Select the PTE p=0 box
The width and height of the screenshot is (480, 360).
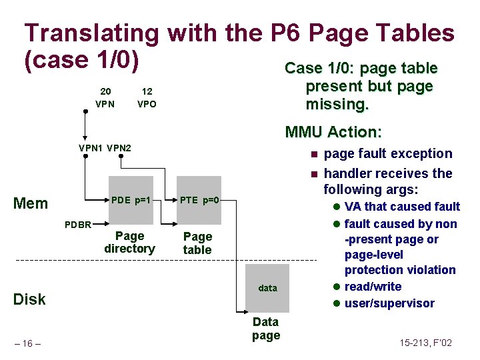(199, 200)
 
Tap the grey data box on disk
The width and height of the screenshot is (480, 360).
(268, 288)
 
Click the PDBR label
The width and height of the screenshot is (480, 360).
(78, 224)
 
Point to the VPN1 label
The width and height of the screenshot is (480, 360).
(91, 147)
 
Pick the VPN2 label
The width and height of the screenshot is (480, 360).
(119, 147)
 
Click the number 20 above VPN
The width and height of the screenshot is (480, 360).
(105, 91)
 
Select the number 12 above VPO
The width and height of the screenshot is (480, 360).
(147, 91)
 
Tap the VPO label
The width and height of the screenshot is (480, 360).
(147, 104)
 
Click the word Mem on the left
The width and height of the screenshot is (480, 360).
(31, 203)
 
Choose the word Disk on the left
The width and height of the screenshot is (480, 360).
(30, 299)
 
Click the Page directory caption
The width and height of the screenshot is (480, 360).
(129, 242)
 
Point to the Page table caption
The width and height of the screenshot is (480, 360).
(197, 243)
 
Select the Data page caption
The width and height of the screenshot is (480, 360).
(266, 329)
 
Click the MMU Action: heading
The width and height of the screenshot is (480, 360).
(333, 131)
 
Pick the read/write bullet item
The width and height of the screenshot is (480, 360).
(373, 287)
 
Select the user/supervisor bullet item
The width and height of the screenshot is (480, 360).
(389, 303)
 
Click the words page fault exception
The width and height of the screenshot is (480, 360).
(387, 153)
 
